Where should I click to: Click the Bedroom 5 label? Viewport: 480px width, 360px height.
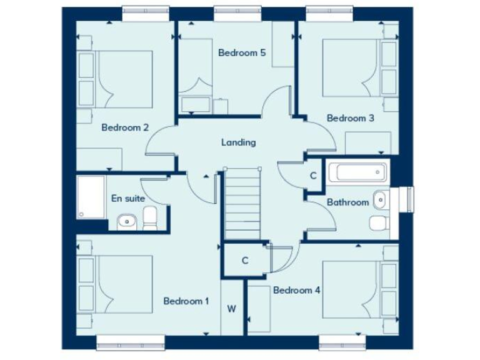tap(241, 53)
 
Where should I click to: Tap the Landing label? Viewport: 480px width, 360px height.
tap(238, 142)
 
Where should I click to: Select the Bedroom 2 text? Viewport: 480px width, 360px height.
tap(125, 127)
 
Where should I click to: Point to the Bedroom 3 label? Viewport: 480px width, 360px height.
tap(350, 118)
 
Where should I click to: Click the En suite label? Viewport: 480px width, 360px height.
tap(128, 198)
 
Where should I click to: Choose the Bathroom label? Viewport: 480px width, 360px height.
tap(347, 202)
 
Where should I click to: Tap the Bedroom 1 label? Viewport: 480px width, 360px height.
tap(186, 301)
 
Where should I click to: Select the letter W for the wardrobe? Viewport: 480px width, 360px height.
tap(231, 308)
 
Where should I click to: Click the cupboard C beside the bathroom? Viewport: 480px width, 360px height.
tap(313, 176)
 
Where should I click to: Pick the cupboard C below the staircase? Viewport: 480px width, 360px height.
tap(245, 261)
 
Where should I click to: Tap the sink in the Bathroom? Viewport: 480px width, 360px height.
tap(379, 200)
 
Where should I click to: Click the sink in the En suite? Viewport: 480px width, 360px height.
tap(126, 221)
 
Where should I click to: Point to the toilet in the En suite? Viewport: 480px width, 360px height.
tap(151, 219)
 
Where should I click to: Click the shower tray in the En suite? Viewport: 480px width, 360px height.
tap(91, 196)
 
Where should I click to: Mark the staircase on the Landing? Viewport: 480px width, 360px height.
tap(242, 200)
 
